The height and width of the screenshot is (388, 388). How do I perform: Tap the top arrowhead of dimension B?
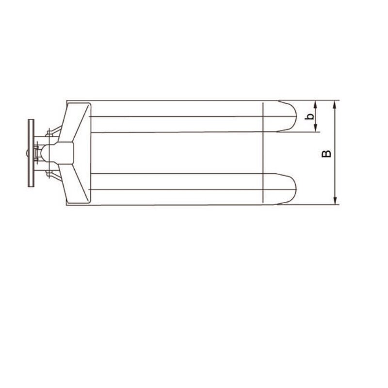tap(335, 103)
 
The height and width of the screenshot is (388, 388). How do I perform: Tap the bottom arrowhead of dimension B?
tap(335, 201)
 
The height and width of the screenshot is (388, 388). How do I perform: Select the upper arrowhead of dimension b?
tap(316, 103)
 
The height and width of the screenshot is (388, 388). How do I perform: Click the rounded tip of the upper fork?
tap(292, 116)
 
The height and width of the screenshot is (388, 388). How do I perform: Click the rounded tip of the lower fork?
tap(292, 189)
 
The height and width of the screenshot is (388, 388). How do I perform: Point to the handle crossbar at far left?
tap(31, 153)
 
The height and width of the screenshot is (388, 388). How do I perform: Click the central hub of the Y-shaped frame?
tap(63, 152)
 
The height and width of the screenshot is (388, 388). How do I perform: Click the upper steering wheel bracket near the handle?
tap(50, 133)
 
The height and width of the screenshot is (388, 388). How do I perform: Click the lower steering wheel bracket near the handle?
tap(50, 173)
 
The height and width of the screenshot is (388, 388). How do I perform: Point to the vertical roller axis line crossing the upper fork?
tap(262, 117)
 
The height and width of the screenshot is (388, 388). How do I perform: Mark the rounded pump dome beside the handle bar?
tap(42, 152)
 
